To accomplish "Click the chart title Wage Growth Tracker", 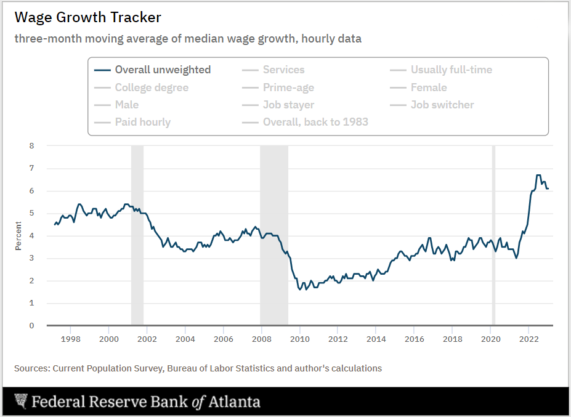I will pos(87,17).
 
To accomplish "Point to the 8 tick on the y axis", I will pos(31,146).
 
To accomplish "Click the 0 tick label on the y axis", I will pos(31,326).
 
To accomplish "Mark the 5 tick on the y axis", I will pos(31,213).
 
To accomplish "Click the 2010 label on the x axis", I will pos(300,339).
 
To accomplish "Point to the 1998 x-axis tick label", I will pos(71,339).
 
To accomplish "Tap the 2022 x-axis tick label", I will pos(528,339).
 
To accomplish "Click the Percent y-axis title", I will pos(18,237).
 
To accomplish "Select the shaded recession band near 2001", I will pos(137,234).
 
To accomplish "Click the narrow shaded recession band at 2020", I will pos(493,234).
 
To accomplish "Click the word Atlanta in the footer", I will pos(233,403).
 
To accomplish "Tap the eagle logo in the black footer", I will pos(21,402).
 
